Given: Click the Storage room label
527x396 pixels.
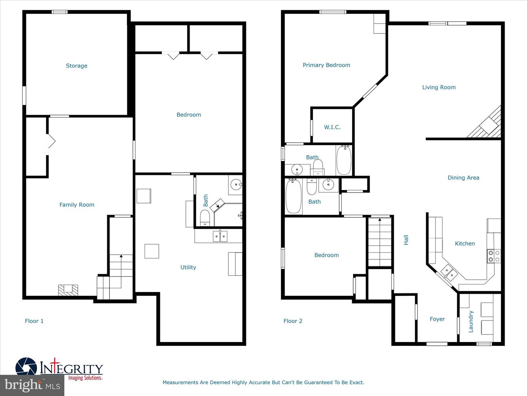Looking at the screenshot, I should [x=76, y=66].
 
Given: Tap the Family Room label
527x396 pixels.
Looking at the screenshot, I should [x=77, y=205].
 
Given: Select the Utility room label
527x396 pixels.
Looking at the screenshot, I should [x=188, y=267].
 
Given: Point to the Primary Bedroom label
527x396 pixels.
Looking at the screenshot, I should [x=326, y=65].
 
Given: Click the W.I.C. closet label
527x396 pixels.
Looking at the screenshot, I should [x=332, y=127].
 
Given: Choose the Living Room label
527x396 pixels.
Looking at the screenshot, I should [x=438, y=87].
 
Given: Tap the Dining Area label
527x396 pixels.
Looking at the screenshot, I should [x=463, y=178].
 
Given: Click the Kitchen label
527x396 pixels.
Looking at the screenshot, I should [x=464, y=243].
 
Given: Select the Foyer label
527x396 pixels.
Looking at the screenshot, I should [x=437, y=319].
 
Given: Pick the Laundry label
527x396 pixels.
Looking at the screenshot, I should [x=471, y=322].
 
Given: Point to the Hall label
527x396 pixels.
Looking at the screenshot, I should [x=406, y=240].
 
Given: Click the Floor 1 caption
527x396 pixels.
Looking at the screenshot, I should [x=34, y=321].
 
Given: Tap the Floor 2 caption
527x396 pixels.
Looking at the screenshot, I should [x=293, y=321].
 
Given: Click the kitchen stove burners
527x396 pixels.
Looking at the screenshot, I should [x=494, y=256].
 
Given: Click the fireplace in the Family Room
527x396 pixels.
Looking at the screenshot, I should [x=68, y=290].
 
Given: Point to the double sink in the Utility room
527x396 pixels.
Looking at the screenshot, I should [x=220, y=236].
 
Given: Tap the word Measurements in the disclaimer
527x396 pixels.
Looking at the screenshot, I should [x=180, y=382].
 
